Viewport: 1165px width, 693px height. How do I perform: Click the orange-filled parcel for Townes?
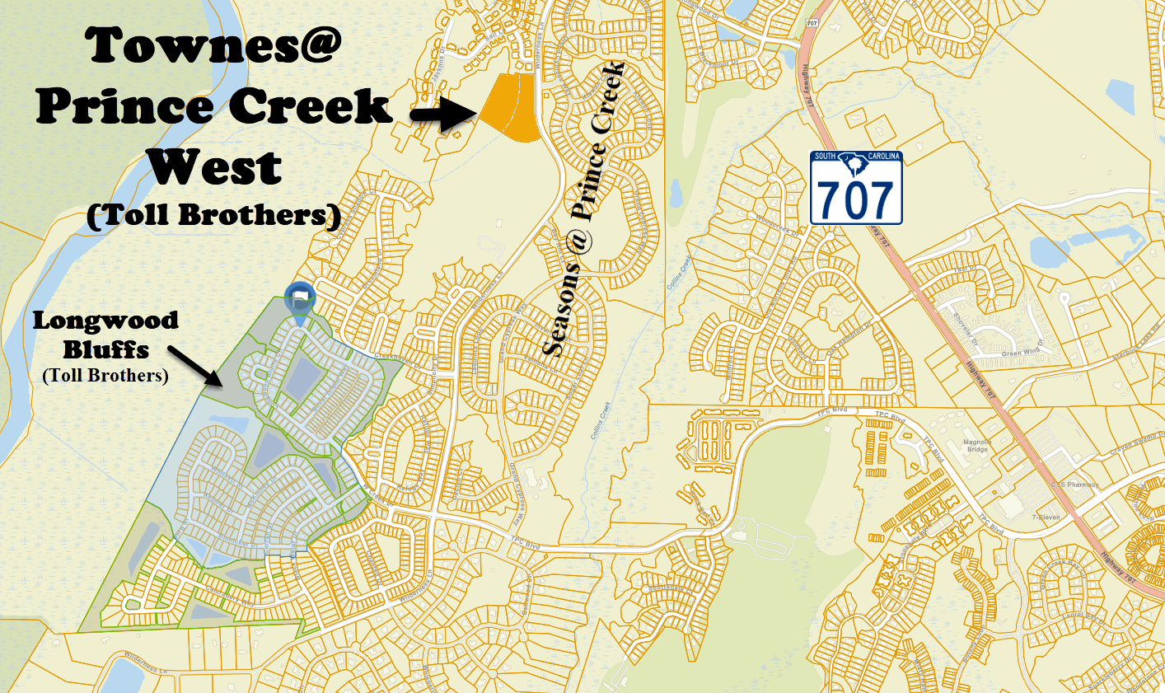tap(511, 107)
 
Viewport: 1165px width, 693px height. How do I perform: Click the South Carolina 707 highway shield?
tap(856, 189)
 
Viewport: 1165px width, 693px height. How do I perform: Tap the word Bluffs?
tap(106, 349)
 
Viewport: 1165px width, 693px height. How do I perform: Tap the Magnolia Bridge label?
tap(977, 446)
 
